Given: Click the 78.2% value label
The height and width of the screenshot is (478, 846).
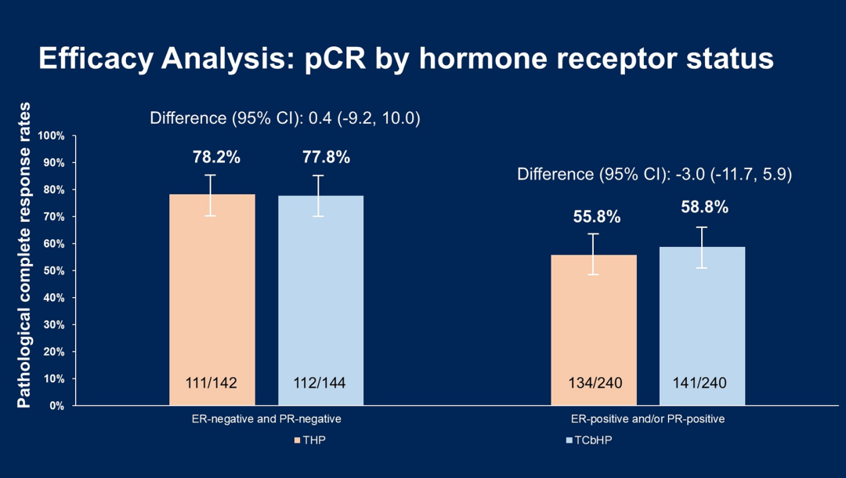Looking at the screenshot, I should tap(216, 158).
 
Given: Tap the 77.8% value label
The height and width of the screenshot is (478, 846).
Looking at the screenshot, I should tap(326, 158).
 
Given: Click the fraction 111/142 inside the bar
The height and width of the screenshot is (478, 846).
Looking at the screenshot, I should tap(210, 383).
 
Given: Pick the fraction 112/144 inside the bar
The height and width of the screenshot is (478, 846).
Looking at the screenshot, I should tap(320, 383).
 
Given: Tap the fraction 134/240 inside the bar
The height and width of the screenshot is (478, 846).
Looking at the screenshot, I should tap(595, 383).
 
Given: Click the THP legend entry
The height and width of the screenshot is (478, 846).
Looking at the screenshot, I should tap(312, 440).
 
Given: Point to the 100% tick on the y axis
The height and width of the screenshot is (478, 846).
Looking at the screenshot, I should tap(51, 136).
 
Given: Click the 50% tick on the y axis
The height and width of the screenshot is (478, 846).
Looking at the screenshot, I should tap(53, 271).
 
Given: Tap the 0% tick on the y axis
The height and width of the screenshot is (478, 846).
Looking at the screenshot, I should tap(56, 406).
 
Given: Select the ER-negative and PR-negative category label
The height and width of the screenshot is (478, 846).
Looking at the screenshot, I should tap(266, 419).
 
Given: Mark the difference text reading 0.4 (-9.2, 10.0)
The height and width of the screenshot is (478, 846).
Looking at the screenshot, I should tap(285, 118).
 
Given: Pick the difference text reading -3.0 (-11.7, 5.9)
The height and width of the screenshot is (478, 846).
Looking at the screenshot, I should tap(654, 174).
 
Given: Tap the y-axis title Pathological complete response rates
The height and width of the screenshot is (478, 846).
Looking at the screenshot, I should tap(24, 255).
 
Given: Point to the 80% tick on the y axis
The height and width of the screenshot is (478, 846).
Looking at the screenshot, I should tap(53, 190).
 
